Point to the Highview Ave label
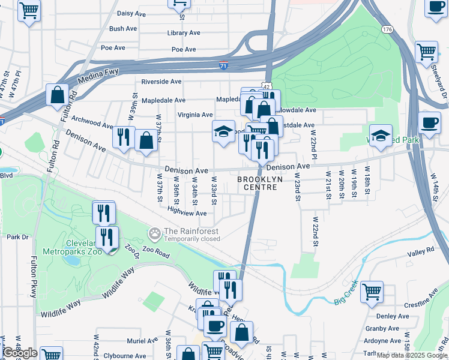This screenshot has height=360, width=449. click(187, 213)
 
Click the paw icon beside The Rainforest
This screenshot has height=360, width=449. click(155, 232)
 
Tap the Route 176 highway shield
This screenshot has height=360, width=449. click(387, 29)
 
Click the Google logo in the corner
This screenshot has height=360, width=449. click(20, 352)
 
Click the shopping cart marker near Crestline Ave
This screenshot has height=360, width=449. click(372, 292)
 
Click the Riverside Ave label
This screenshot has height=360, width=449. click(161, 82)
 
